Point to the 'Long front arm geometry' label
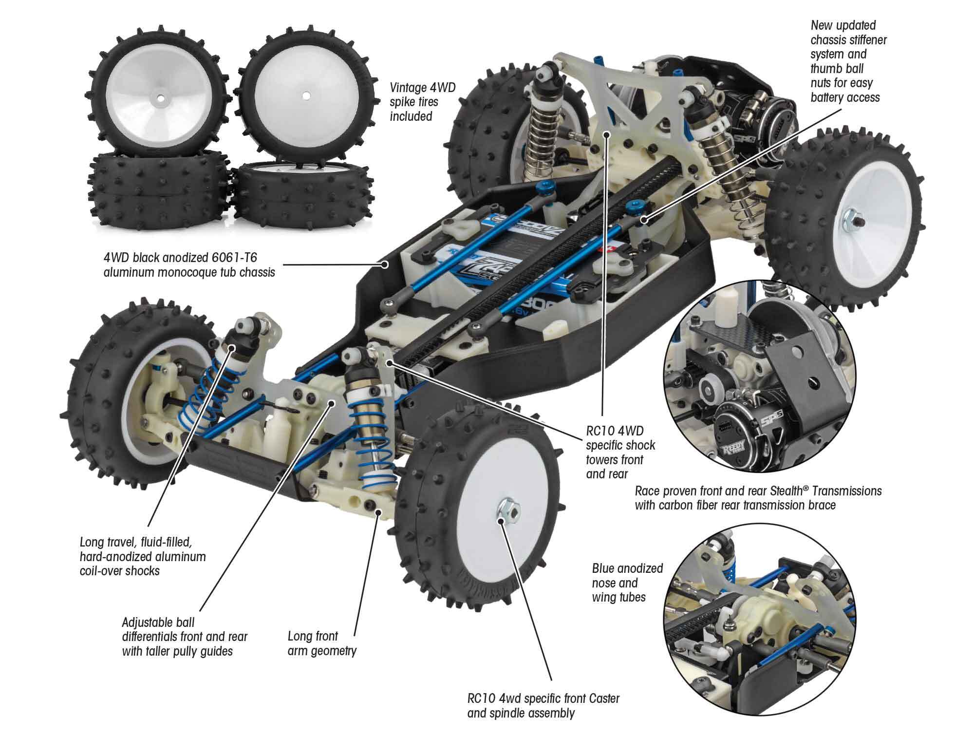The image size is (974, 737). point(322,643)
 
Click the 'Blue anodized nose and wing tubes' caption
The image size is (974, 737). point(627,583)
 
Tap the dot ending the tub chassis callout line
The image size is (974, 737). point(385,265)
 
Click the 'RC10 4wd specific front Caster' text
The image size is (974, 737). point(543,699)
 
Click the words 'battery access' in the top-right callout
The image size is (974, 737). point(845,97)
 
